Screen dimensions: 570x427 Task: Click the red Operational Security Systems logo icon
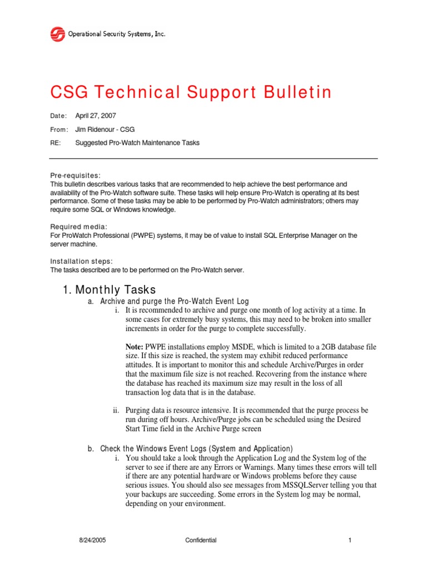58,35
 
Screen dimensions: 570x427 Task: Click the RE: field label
55,142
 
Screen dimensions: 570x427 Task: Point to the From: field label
59,129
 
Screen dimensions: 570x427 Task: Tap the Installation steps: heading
82,262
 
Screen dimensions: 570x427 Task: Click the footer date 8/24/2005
91,540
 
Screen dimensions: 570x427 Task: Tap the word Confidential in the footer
201,540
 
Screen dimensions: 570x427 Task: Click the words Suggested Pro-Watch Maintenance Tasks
137,142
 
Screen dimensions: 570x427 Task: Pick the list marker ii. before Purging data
117,410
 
